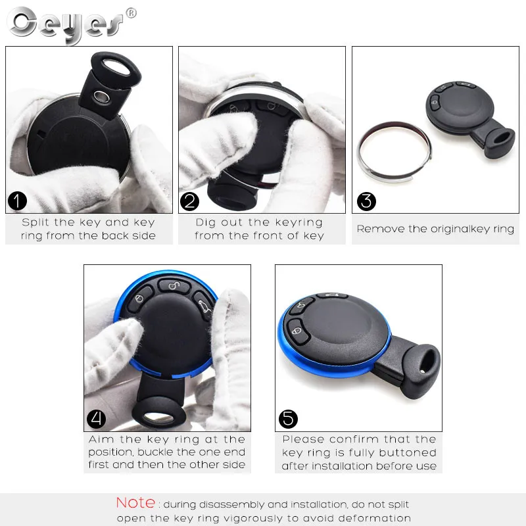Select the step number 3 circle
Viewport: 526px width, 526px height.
coord(366,201)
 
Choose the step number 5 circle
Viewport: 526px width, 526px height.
coord(288,419)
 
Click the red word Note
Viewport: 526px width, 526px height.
coord(136,503)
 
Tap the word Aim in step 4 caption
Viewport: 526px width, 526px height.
coord(101,439)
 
